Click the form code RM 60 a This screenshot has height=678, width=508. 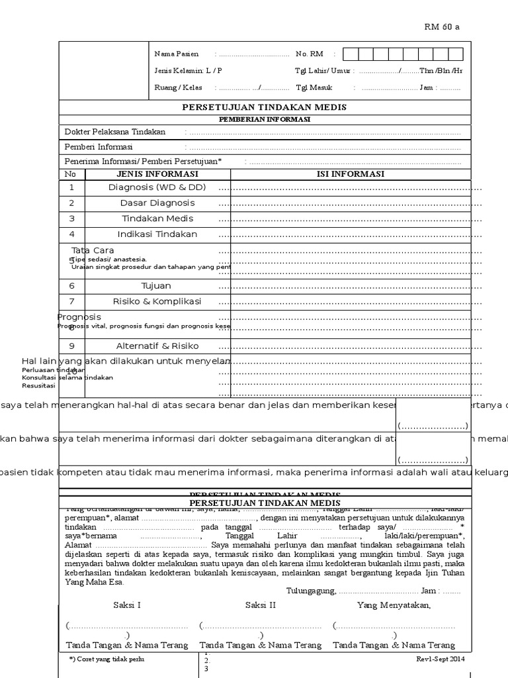tap(441, 27)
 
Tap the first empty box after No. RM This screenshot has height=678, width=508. tap(351, 54)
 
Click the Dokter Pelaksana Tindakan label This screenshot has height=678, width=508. tap(114, 132)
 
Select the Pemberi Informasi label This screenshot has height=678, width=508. tap(98, 146)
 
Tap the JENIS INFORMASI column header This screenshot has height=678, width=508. tap(157, 174)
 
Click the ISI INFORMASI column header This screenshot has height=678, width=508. tap(351, 174)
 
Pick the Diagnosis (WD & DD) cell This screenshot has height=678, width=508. tap(157, 187)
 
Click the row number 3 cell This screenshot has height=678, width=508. tap(71, 218)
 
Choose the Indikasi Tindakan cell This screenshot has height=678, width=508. tap(157, 234)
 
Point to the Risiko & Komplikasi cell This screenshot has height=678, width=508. tap(157, 302)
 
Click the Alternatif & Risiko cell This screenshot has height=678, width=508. tap(157, 346)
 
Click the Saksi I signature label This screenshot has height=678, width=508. tap(126, 605)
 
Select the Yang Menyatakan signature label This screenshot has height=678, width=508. tap(394, 605)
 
